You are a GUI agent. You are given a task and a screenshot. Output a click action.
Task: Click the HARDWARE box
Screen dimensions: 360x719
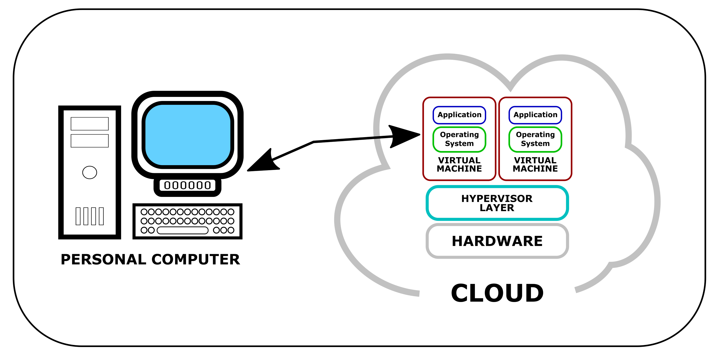pyautogui.click(x=497, y=241)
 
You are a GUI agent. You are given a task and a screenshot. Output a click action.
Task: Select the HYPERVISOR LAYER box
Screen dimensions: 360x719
pyautogui.click(x=497, y=203)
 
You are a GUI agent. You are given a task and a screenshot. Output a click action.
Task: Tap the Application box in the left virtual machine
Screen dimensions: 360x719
pyautogui.click(x=459, y=115)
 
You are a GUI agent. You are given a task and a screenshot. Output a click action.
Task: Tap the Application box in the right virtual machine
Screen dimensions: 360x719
pyautogui.click(x=535, y=115)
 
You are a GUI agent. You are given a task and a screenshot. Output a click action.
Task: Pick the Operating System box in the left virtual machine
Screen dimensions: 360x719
pyautogui.click(x=459, y=139)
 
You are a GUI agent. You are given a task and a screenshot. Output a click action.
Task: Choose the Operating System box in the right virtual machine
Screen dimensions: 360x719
pyautogui.click(x=535, y=139)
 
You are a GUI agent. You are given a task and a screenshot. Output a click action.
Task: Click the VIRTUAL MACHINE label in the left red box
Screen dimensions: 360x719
pyautogui.click(x=459, y=164)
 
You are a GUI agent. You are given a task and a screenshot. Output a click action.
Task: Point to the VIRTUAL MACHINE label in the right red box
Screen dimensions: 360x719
pyautogui.click(x=535, y=164)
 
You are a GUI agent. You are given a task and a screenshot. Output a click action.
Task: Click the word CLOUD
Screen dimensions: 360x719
pyautogui.click(x=497, y=293)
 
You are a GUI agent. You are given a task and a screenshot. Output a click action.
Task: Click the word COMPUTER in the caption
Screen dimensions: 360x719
pyautogui.click(x=196, y=260)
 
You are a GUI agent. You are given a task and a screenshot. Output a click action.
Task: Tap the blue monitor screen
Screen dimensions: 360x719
pyautogui.click(x=188, y=135)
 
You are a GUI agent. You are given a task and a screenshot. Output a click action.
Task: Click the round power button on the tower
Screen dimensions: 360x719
pyautogui.click(x=90, y=172)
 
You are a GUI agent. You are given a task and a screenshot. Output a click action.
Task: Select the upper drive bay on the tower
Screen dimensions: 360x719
pyautogui.click(x=90, y=124)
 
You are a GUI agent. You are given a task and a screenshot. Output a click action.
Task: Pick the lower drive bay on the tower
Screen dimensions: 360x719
pyautogui.click(x=90, y=141)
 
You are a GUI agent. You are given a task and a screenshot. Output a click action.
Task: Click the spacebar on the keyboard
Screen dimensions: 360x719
pyautogui.click(x=182, y=230)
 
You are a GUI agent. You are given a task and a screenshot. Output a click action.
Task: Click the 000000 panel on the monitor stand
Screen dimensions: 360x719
pyautogui.click(x=187, y=185)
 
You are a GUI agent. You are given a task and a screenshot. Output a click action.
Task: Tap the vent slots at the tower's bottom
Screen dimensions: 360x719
pyautogui.click(x=90, y=216)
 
